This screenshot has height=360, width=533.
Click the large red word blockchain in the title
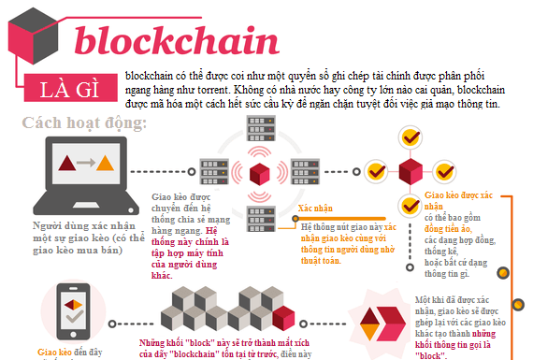(x=176, y=40)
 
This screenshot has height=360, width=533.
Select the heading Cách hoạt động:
(x=84, y=123)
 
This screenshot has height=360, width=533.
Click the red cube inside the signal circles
(x=258, y=172)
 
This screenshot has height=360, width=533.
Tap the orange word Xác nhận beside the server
(x=316, y=207)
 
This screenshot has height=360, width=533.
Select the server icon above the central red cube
(x=258, y=134)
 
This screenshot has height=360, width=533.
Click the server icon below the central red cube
(x=258, y=212)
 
